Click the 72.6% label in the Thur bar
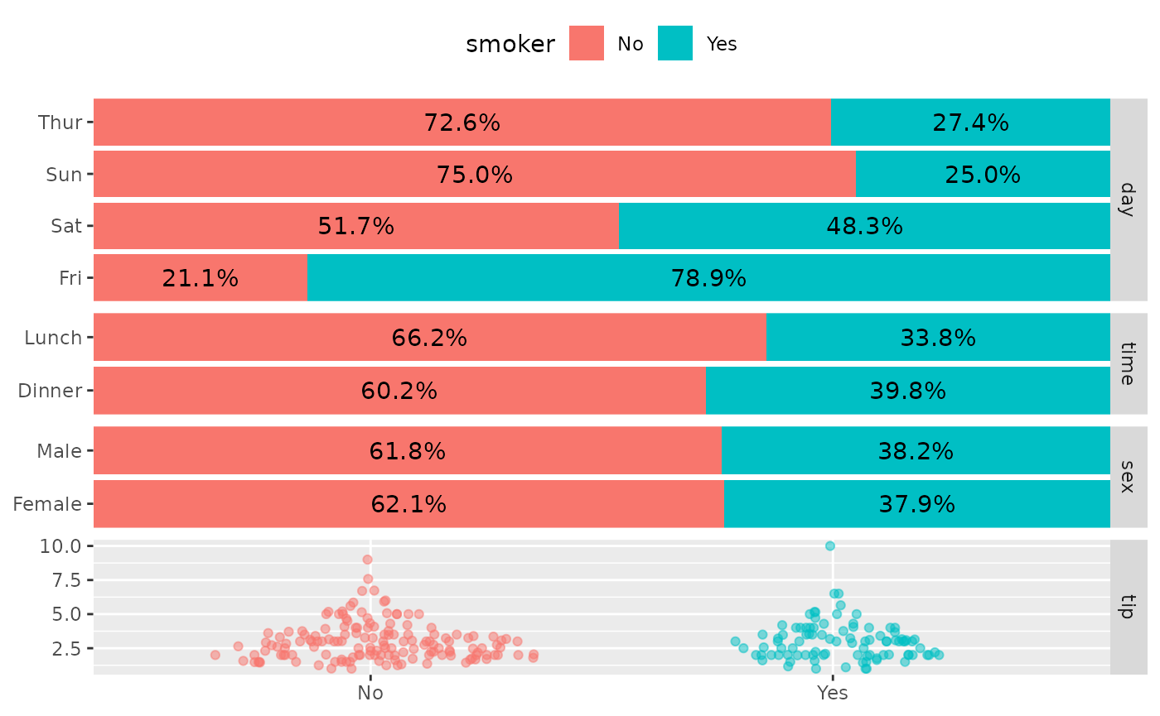point(462,123)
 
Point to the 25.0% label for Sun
point(982,175)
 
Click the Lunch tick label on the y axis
point(53,338)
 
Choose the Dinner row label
point(50,391)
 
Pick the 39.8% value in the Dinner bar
point(907,391)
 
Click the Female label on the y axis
point(47,504)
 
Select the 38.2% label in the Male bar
point(916,451)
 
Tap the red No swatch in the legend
point(587,44)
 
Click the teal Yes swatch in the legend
point(675,44)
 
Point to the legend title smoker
point(510,45)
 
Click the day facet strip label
point(1126,199)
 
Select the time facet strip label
point(1126,363)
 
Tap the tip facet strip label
point(1126,607)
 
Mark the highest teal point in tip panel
point(829,545)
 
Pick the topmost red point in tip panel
point(367,560)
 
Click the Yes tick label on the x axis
point(832,693)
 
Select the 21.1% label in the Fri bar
point(200,278)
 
